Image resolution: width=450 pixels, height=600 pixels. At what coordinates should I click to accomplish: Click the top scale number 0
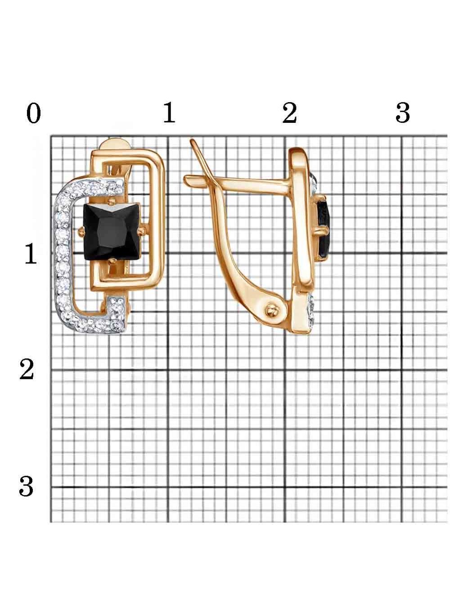pyautogui.click(x=34, y=113)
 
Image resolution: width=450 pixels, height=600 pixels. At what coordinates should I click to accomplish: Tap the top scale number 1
pyautogui.click(x=169, y=112)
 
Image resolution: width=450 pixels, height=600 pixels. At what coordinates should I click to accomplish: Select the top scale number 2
pyautogui.click(x=289, y=113)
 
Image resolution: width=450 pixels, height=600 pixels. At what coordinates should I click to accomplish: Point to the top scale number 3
pyautogui.click(x=403, y=113)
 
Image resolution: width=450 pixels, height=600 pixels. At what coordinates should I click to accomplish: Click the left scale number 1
pyautogui.click(x=31, y=254)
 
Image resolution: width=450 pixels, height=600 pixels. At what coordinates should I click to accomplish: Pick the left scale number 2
pyautogui.click(x=27, y=370)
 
